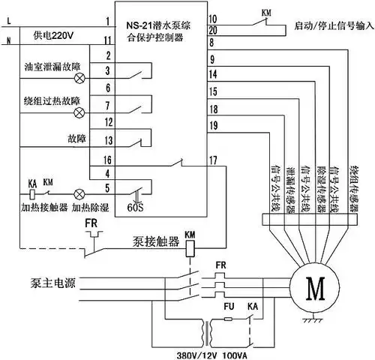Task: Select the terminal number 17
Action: point(213,160)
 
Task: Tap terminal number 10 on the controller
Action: point(213,17)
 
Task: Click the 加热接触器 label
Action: point(35,204)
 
